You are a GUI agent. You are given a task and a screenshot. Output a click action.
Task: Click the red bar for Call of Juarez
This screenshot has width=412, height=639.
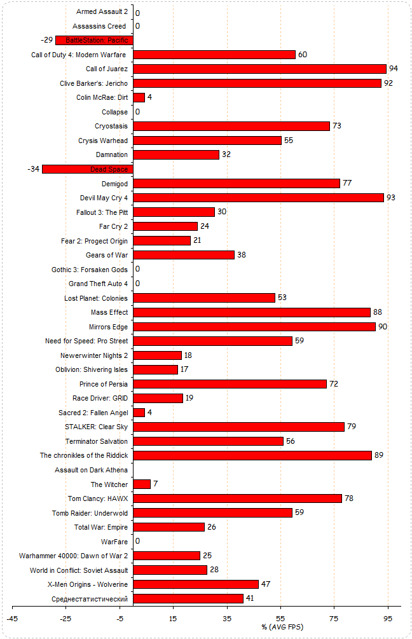[259, 69]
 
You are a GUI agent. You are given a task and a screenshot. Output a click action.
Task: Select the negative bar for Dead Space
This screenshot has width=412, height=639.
[87, 169]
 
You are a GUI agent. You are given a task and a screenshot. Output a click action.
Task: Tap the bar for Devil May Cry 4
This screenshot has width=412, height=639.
[258, 198]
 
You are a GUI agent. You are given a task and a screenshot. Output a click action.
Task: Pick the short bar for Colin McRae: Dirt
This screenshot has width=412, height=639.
[139, 97]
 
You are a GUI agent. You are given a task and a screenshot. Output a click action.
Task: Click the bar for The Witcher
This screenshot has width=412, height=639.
[142, 484]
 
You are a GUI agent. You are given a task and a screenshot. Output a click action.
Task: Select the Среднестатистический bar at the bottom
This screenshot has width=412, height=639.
[188, 599]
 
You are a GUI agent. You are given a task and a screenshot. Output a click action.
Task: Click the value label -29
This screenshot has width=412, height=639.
[47, 40]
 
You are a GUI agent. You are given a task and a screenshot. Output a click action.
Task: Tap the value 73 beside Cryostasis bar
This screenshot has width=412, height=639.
[337, 126]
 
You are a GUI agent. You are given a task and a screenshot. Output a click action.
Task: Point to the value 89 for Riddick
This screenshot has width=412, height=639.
[379, 455]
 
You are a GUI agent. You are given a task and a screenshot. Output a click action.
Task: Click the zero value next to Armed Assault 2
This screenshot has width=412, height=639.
[137, 13]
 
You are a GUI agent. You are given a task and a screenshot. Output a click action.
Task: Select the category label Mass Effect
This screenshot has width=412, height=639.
[109, 312]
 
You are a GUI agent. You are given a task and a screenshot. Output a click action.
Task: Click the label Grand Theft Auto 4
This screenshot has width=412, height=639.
[98, 284]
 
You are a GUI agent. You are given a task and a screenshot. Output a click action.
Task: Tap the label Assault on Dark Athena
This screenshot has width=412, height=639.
[91, 470]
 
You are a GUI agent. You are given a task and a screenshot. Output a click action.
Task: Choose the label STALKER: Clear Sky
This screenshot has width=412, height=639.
[96, 427]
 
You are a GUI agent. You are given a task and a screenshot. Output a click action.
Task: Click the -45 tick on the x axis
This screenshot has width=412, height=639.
[12, 617]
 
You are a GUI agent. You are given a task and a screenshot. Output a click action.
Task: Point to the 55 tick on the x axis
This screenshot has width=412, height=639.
[281, 617]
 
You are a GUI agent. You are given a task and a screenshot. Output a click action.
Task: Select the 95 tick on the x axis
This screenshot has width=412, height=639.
[388, 617]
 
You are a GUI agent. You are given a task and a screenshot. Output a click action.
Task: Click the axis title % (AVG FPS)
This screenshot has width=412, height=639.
[281, 627]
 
